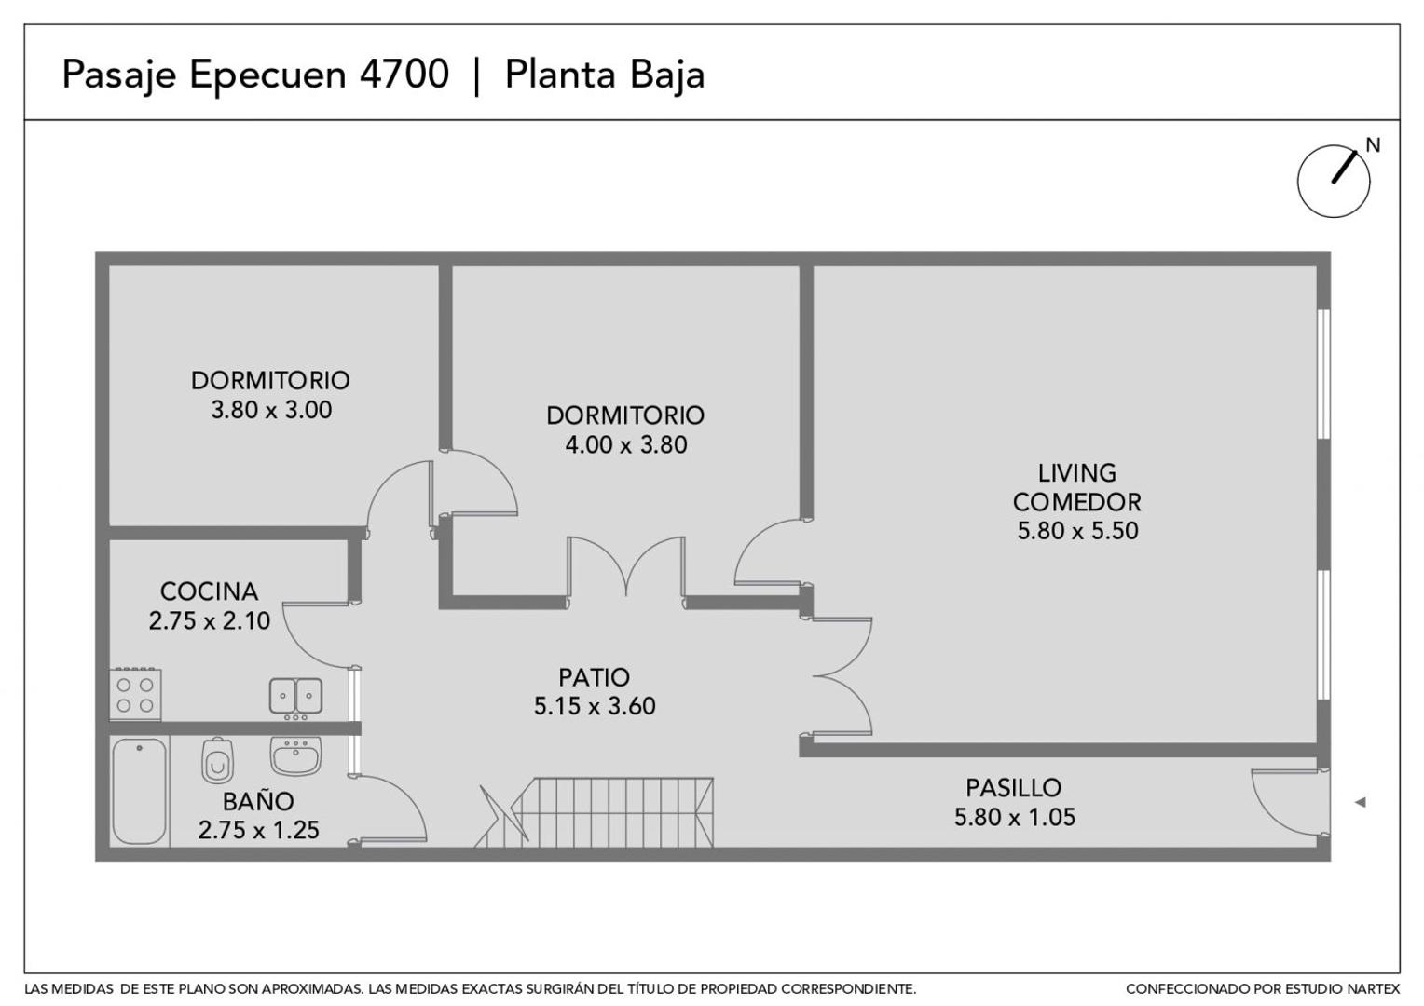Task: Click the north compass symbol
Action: (1334, 181)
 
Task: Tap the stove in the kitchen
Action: (135, 695)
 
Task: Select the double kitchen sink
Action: (295, 696)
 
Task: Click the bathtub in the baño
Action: (140, 791)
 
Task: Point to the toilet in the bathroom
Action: (217, 761)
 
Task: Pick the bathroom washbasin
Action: (295, 755)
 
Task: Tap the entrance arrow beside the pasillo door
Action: (1360, 802)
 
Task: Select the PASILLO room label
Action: (1013, 788)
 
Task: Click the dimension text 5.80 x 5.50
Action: (1077, 531)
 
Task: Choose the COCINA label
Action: (209, 591)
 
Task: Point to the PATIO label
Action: (594, 677)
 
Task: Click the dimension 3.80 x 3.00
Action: (271, 410)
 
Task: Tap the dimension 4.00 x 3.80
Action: (625, 444)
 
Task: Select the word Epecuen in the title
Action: (269, 75)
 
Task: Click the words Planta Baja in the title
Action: (604, 75)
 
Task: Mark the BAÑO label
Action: (258, 801)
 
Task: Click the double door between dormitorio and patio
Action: (626, 568)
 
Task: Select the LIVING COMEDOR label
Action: (1076, 487)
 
